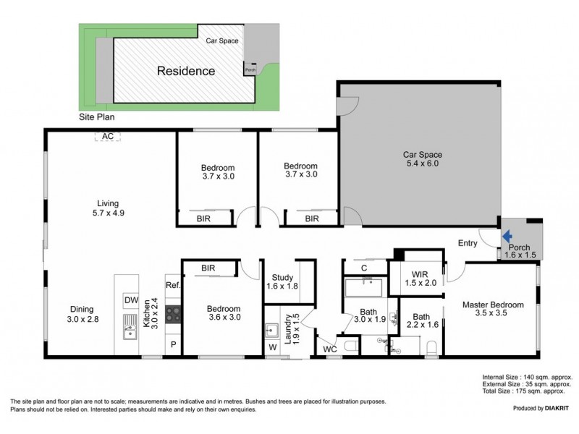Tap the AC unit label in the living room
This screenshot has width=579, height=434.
click(x=108, y=136)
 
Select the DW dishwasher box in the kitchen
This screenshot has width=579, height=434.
click(x=131, y=300)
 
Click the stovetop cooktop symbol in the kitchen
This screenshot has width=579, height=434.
click(x=173, y=314)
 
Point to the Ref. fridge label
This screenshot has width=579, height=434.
click(x=172, y=286)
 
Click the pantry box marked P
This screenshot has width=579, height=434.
click(x=173, y=345)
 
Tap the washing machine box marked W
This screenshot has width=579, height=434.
click(x=272, y=346)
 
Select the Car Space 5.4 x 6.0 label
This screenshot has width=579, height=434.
click(x=422, y=159)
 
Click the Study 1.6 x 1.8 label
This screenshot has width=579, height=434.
click(x=282, y=282)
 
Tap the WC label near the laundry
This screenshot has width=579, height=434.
click(x=331, y=349)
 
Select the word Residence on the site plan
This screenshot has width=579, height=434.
click(x=187, y=71)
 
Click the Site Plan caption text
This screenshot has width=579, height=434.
click(x=97, y=116)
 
